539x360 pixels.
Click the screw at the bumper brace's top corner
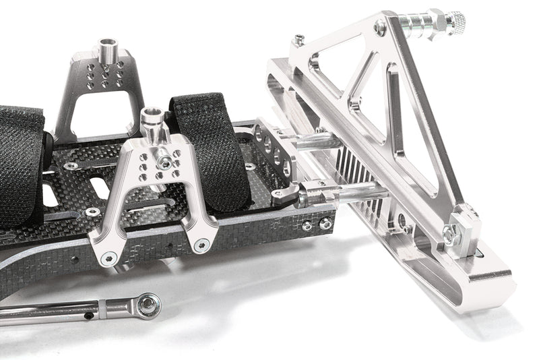tap(381, 27)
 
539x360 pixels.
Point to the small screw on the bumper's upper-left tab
tap(298, 40)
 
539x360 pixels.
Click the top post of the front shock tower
tap(150, 120)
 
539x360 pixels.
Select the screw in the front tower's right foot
tap(199, 244)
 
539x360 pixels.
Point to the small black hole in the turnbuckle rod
tap(88, 313)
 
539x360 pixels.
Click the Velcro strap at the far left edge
tap(20, 169)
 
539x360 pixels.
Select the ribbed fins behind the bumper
tap(354, 182)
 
